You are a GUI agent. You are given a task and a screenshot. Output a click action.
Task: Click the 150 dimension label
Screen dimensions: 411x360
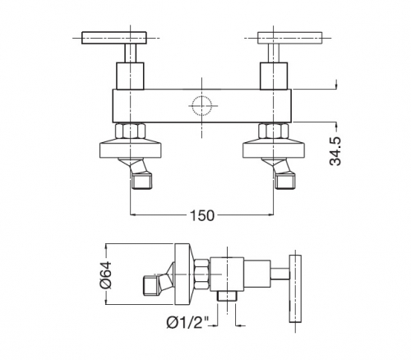click(202, 215)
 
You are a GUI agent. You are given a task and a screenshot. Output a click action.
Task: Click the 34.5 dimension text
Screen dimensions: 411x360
click(335, 151)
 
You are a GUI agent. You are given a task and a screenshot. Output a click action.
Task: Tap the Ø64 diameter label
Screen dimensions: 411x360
click(106, 275)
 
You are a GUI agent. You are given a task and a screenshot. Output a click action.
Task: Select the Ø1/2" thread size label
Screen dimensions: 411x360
click(187, 322)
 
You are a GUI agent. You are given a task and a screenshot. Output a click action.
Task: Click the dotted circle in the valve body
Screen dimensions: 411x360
click(202, 105)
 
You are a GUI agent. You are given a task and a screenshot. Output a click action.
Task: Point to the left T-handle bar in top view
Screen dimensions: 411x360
click(114, 38)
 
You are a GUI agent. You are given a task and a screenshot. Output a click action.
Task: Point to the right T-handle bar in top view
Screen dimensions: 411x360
click(290, 38)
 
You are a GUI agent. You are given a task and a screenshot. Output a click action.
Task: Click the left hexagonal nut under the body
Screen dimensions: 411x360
click(130, 131)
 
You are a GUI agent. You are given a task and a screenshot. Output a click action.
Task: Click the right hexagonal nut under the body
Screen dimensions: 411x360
click(274, 131)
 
